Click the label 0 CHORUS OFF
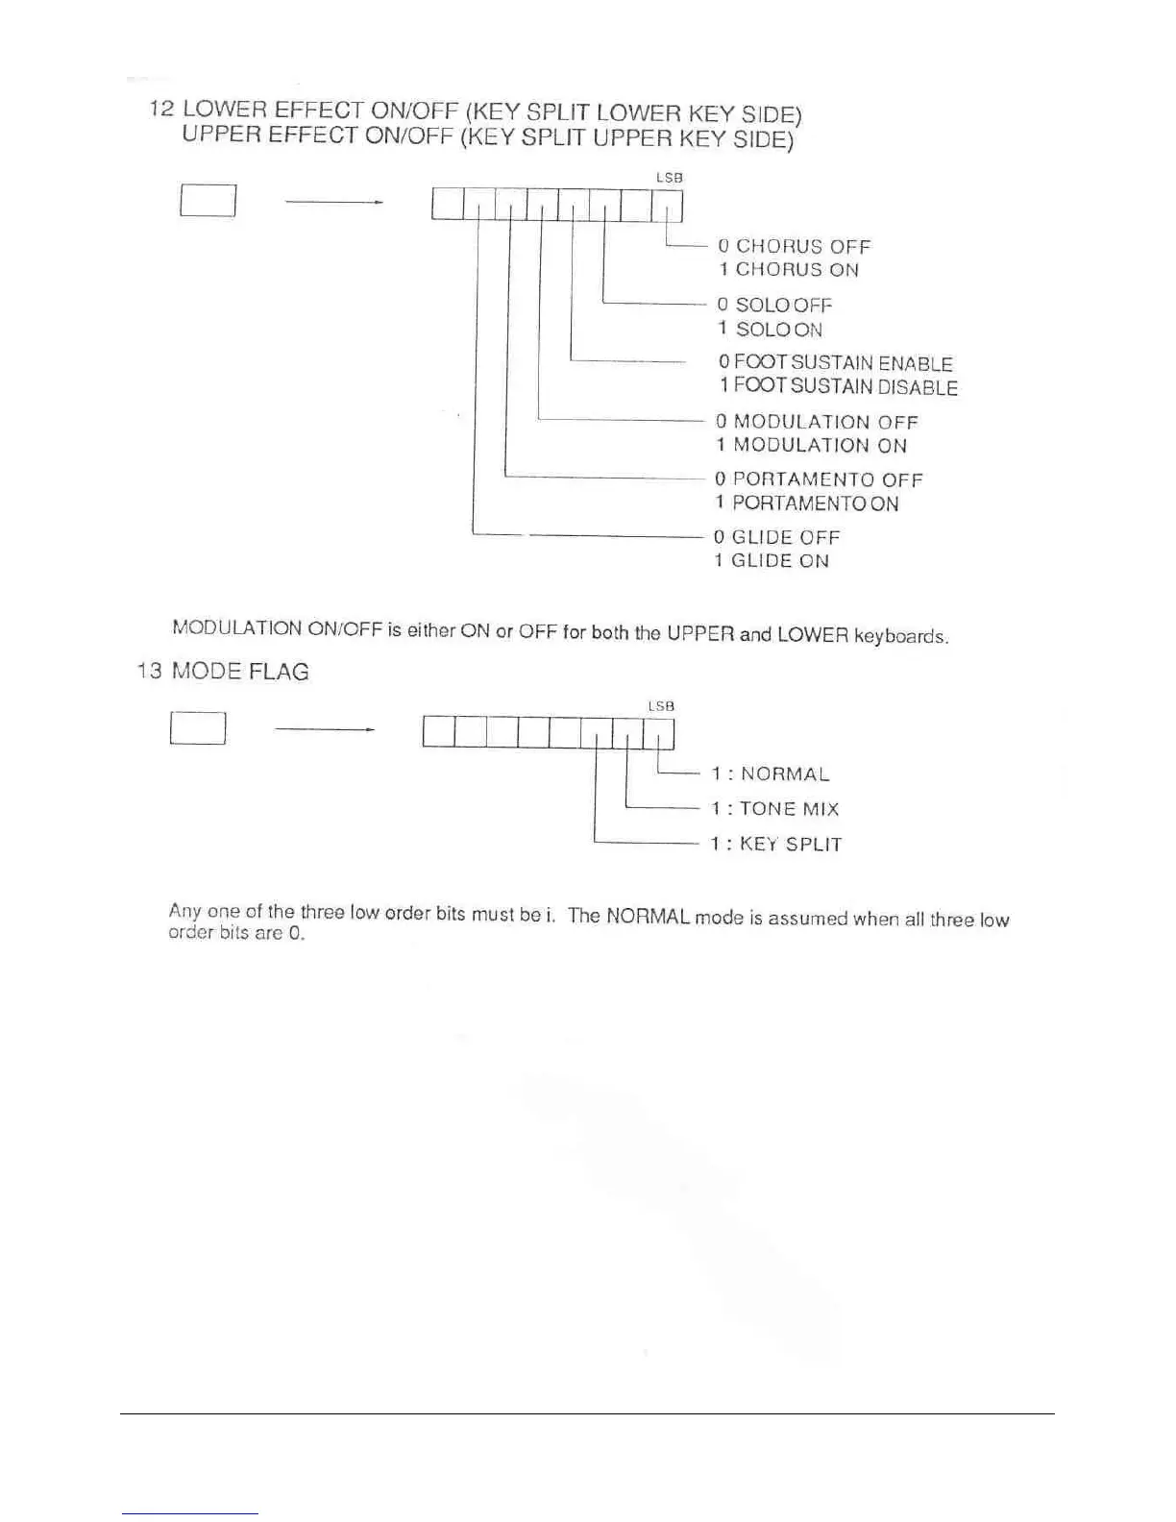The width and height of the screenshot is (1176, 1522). pos(794,247)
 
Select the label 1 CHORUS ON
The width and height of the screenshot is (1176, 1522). pos(789,270)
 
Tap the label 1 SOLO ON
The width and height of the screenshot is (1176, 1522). pos(771,330)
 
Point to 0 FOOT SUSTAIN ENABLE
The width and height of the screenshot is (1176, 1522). pos(836,363)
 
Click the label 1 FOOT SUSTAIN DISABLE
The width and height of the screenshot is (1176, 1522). pos(839,387)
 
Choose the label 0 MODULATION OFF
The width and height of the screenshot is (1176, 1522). pos(817,422)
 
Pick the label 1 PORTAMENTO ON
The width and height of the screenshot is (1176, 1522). pos(806,503)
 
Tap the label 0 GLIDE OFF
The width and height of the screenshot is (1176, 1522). pos(776,537)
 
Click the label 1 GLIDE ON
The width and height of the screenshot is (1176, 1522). pos(771,561)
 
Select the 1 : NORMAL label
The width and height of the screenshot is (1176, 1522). pos(770,774)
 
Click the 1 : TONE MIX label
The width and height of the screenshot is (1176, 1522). pos(774,809)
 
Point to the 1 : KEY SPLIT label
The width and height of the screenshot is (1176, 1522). pos(775,845)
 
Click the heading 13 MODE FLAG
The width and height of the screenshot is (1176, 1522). pos(223,672)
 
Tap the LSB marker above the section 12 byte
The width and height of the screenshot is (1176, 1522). pos(669,178)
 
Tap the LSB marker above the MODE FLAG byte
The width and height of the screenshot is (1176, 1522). pos(661,706)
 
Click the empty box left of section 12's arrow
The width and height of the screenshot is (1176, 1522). pos(208,201)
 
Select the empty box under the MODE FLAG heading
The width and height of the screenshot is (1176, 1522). pos(198,729)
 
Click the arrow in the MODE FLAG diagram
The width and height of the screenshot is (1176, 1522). pos(324,730)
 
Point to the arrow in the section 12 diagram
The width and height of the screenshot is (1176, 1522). pos(334,202)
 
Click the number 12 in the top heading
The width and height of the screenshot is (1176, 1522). pos(160,110)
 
